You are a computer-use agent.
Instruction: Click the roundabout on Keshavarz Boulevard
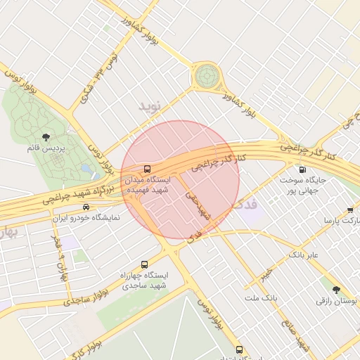coord(207,75)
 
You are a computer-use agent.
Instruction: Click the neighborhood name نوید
coord(150,106)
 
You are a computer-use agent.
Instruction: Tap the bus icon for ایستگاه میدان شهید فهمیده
coord(147,169)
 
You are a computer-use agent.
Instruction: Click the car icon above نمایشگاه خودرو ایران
coord(86,207)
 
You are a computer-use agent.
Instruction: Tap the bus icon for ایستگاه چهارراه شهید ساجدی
coord(144,264)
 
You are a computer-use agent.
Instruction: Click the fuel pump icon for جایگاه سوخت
coord(303,169)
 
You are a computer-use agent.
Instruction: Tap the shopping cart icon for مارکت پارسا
coord(350,210)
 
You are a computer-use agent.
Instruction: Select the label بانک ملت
coord(261,298)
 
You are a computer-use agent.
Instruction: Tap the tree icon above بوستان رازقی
coord(335,290)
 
